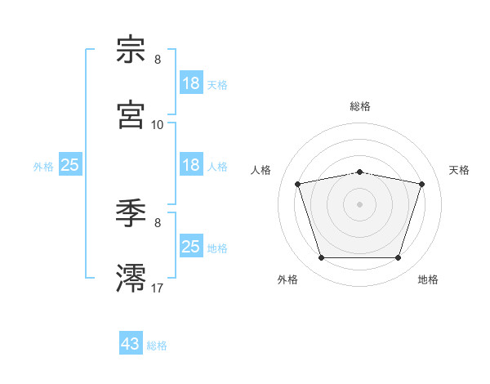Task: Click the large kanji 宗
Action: coord(131,49)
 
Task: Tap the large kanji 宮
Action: coord(131,114)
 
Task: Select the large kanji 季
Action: coord(131,213)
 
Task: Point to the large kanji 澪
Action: coord(131,278)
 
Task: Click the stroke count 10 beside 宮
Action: coord(157,125)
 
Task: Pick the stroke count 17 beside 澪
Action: coord(157,288)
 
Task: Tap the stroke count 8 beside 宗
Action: coord(158,60)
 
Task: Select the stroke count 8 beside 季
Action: coord(158,223)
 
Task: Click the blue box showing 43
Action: coord(131,342)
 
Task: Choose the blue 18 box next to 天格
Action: coord(191,83)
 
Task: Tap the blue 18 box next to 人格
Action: coord(191,164)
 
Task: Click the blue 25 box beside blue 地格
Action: coord(191,245)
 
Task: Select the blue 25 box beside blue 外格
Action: coord(70,164)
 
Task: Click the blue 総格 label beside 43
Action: coord(157,346)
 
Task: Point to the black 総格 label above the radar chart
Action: coord(360,106)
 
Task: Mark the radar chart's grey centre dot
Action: coord(359,204)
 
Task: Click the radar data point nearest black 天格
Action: coord(421,184)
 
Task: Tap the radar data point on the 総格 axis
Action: coord(359,172)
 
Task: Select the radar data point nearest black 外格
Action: coord(322,257)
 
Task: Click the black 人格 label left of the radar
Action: coord(261,170)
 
